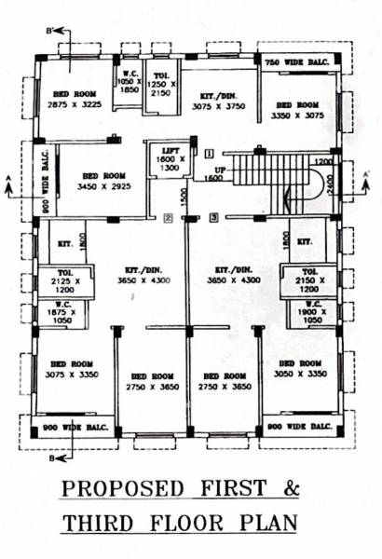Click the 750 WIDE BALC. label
click(296, 61)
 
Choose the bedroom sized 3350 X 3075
click(299, 111)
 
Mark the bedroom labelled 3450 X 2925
click(103, 181)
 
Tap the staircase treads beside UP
click(256, 171)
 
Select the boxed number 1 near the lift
click(210, 152)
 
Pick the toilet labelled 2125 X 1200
click(58, 280)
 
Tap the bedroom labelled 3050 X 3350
click(300, 369)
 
